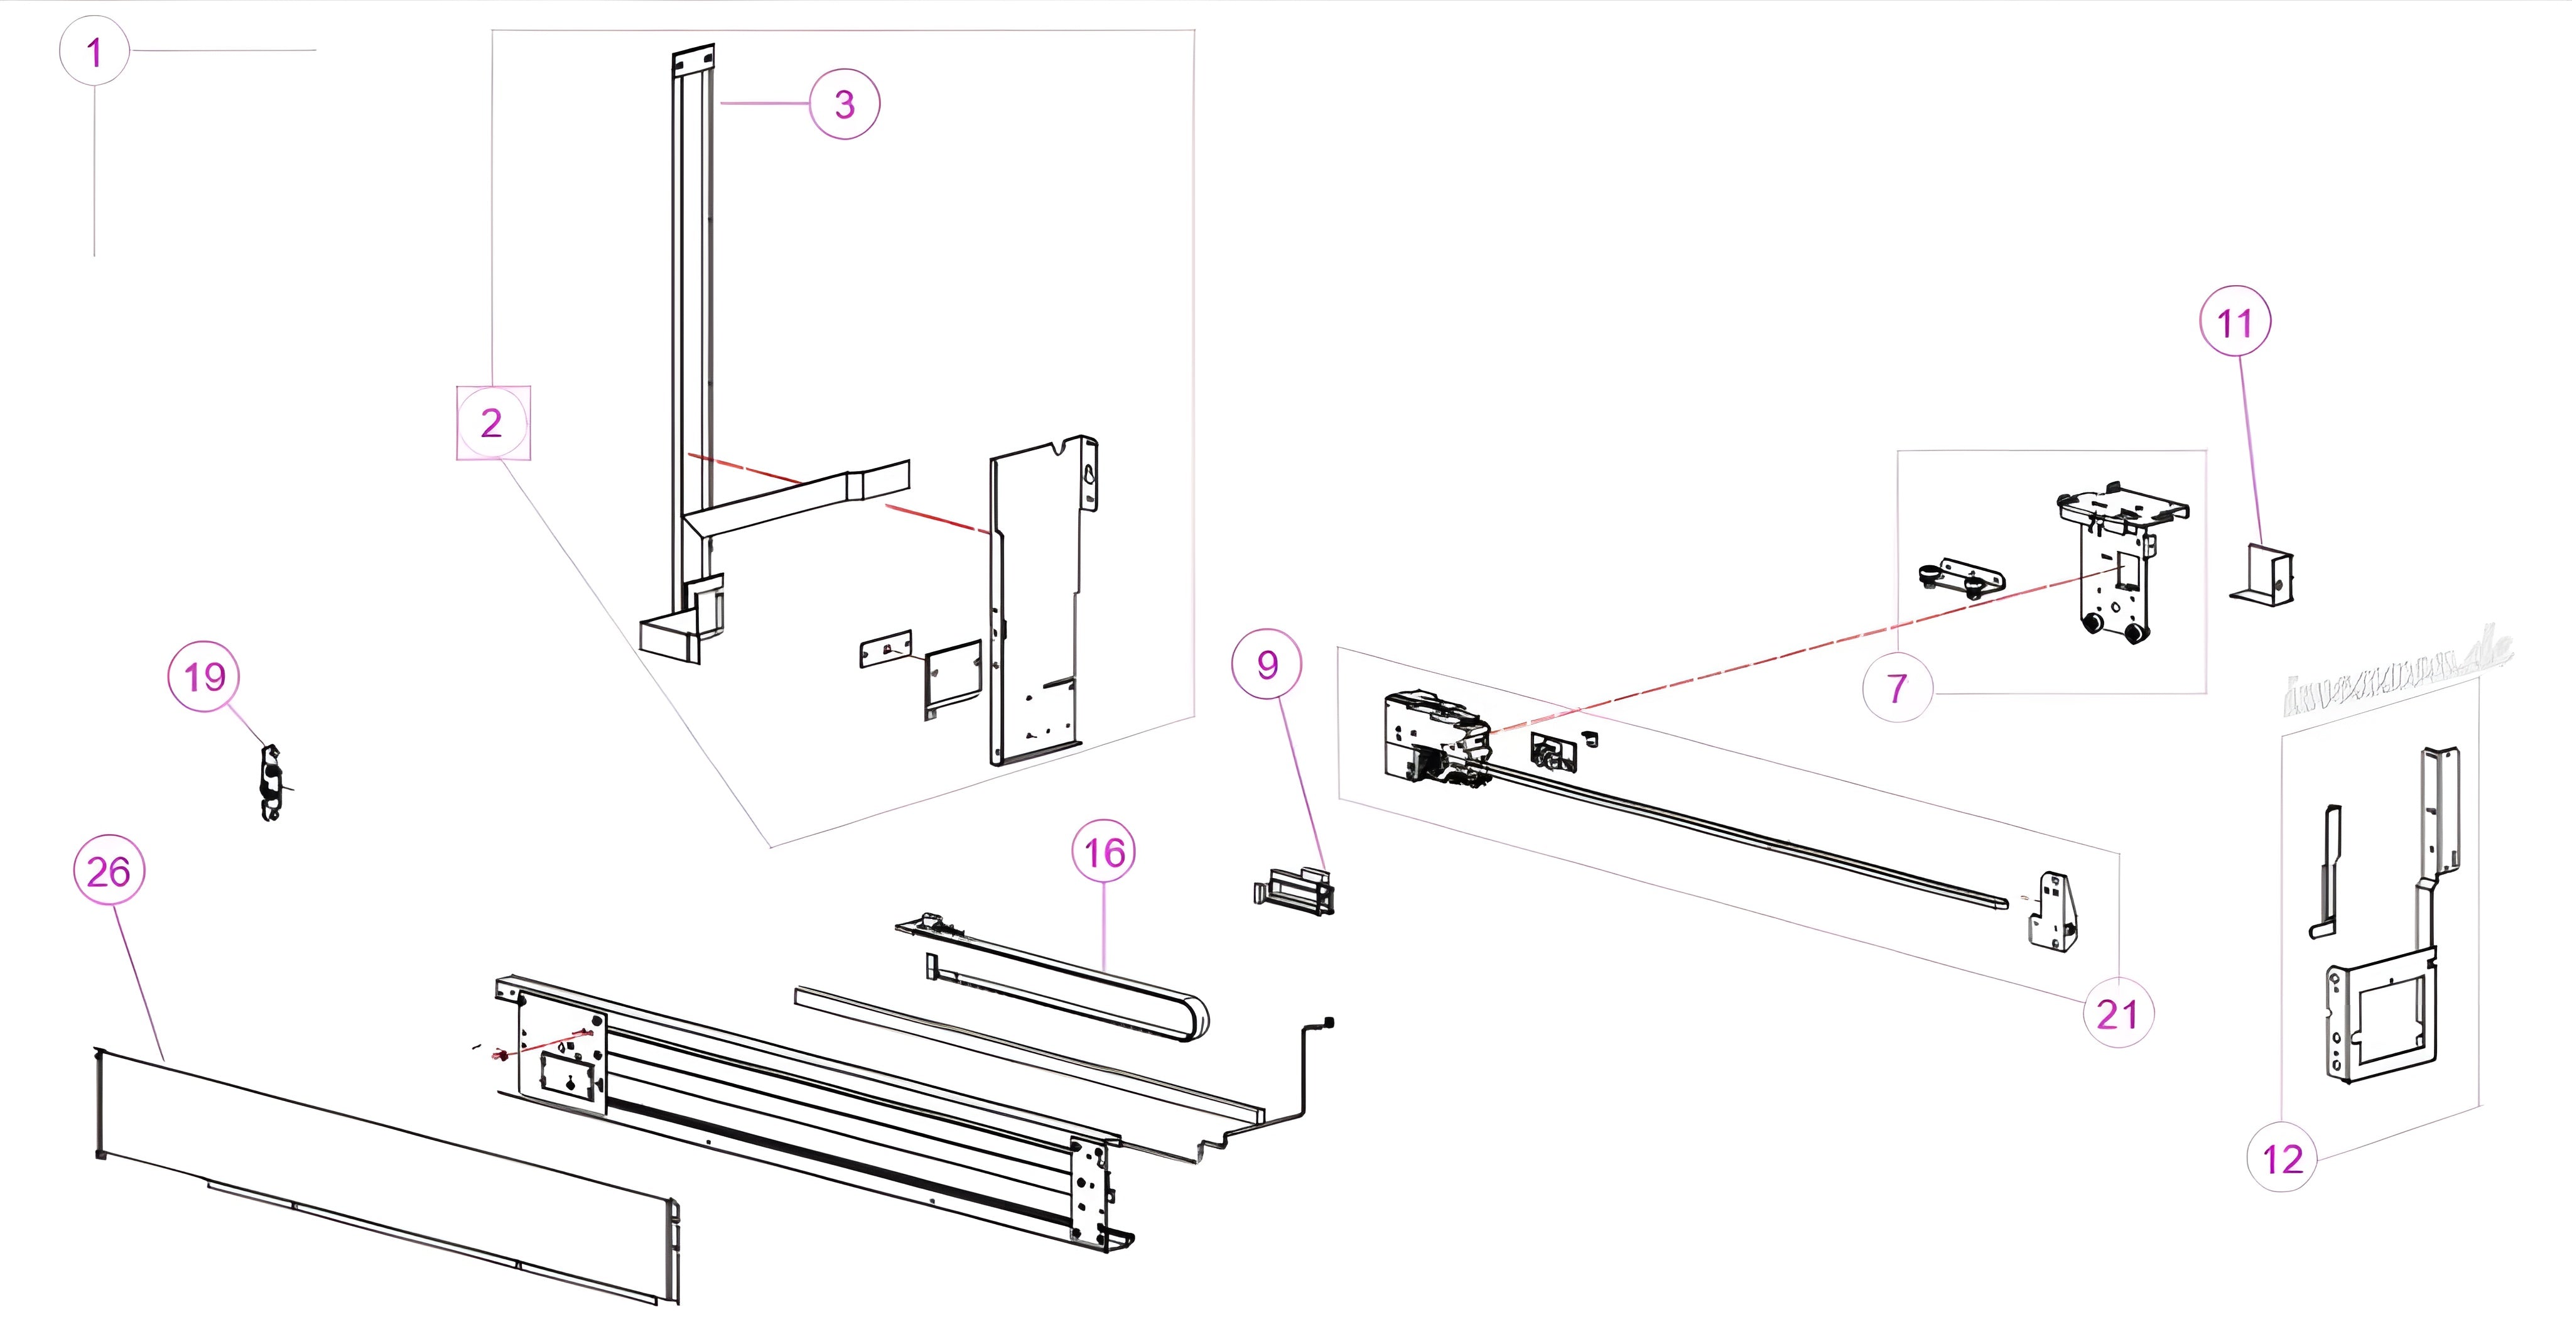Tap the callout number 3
click(844, 104)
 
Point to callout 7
click(1897, 687)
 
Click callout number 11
click(2235, 322)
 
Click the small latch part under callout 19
click(269, 783)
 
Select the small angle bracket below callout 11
click(2266, 576)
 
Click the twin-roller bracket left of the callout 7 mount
click(1962, 578)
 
